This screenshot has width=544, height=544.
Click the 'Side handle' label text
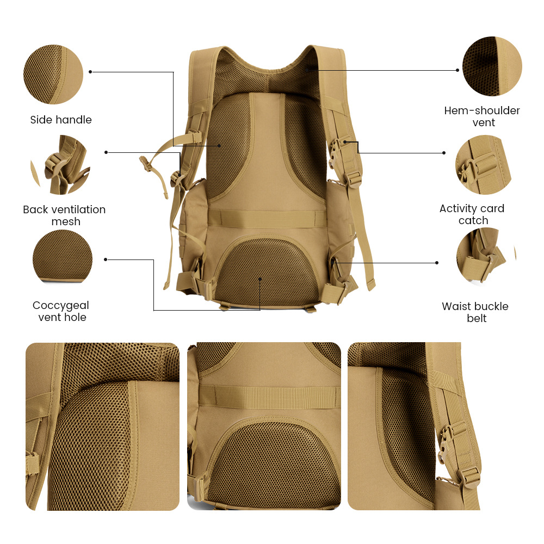pyautogui.click(x=61, y=120)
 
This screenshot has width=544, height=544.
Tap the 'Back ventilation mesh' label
pyautogui.click(x=64, y=215)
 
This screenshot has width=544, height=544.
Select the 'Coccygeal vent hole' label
pyautogui.click(x=61, y=311)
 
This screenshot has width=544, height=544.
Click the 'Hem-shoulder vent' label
pyautogui.click(x=482, y=116)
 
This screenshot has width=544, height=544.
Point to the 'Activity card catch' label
pyautogui.click(x=472, y=214)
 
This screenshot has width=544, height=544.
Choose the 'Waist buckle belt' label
pyautogui.click(x=475, y=312)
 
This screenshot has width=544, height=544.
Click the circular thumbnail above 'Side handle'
pyautogui.click(x=53, y=75)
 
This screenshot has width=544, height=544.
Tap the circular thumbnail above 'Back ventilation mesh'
pyautogui.click(x=60, y=165)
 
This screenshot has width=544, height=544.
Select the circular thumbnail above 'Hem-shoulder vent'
pyautogui.click(x=492, y=66)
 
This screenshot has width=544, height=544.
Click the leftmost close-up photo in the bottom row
pyautogui.click(x=102, y=426)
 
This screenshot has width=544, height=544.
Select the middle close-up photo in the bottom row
pyautogui.click(x=264, y=426)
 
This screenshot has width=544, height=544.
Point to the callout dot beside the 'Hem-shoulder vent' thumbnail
pyautogui.click(x=458, y=70)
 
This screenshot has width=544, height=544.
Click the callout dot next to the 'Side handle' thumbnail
pyautogui.click(x=90, y=71)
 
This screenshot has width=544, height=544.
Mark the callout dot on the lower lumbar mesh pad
pyautogui.click(x=261, y=279)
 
